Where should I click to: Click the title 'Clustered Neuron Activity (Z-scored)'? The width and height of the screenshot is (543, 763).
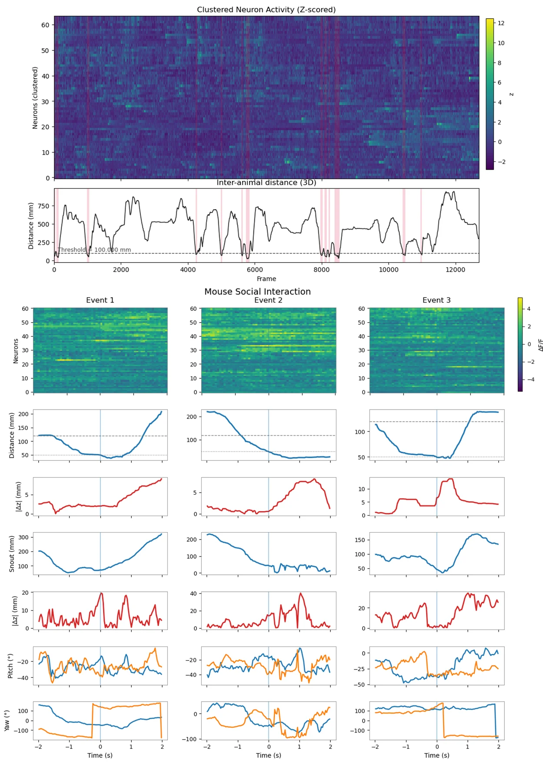pyautogui.click(x=266, y=10)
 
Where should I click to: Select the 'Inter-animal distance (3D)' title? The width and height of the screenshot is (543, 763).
pyautogui.click(x=266, y=183)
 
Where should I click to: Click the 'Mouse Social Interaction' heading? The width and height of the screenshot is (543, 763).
pyautogui.click(x=257, y=291)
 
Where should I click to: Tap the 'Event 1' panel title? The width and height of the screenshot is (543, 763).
pyautogui.click(x=100, y=300)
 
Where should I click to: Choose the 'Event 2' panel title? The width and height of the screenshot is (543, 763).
pyautogui.click(x=268, y=300)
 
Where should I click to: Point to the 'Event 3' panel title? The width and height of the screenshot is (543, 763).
pyautogui.click(x=436, y=300)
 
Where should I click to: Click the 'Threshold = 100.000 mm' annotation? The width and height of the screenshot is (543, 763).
pyautogui.click(x=94, y=250)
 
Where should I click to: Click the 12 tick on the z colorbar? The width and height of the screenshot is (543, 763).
pyautogui.click(x=501, y=23)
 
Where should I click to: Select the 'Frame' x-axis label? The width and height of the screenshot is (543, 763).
pyautogui.click(x=266, y=279)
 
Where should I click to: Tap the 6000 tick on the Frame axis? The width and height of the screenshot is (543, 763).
pyautogui.click(x=255, y=270)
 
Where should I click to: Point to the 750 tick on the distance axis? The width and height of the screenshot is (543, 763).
pyautogui.click(x=44, y=206)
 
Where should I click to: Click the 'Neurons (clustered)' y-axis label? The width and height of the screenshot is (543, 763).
pyautogui.click(x=35, y=98)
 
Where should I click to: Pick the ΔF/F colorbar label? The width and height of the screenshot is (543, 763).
pyautogui.click(x=540, y=345)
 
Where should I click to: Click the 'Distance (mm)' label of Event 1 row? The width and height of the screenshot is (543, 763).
pyautogui.click(x=12, y=435)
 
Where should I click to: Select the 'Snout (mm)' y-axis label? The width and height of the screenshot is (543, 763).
pyautogui.click(x=12, y=553)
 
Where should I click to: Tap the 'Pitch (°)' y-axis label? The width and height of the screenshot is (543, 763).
pyautogui.click(x=10, y=666)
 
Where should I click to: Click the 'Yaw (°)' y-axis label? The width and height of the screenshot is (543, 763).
pyautogui.click(x=7, y=720)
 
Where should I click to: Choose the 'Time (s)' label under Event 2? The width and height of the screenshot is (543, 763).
pyautogui.click(x=268, y=755)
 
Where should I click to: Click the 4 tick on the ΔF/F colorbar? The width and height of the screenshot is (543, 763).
pyautogui.click(x=529, y=309)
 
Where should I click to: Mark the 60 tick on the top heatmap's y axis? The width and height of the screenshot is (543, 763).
pyautogui.click(x=45, y=25)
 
